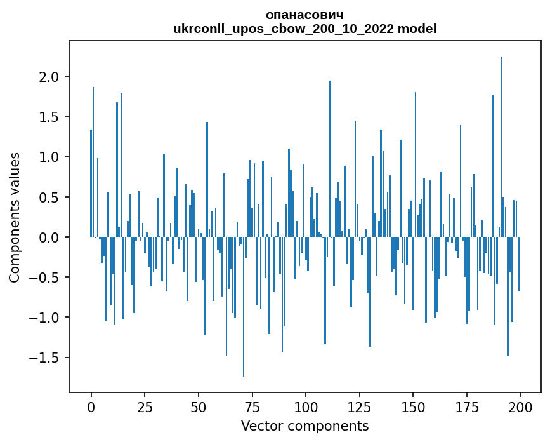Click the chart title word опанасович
click(304, 15)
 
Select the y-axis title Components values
click(15, 217)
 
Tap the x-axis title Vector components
click(304, 425)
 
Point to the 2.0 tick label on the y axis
click(49, 77)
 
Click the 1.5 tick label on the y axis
click(49, 117)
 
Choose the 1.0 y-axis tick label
click(49, 157)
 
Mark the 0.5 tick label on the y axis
click(49, 197)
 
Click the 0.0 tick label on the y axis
click(49, 238)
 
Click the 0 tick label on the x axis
click(91, 406)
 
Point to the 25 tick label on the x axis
click(145, 406)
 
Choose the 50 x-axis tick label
click(199, 406)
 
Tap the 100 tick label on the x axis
click(306, 406)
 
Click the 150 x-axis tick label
click(413, 406)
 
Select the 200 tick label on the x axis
click(520, 406)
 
